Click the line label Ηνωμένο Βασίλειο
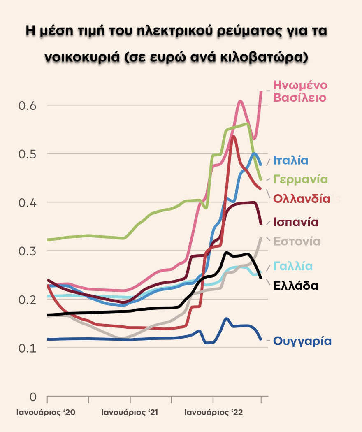click(300, 92)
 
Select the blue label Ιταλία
click(291, 160)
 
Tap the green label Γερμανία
click(300, 179)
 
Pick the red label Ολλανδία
click(302, 199)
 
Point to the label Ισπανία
click(296, 222)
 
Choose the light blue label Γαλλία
click(292, 266)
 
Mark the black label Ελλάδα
click(295, 286)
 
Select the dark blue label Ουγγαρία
click(302, 341)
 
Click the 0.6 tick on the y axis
click(28, 105)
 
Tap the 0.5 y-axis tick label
click(28, 154)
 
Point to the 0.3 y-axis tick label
click(28, 251)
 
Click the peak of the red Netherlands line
click(233, 136)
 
